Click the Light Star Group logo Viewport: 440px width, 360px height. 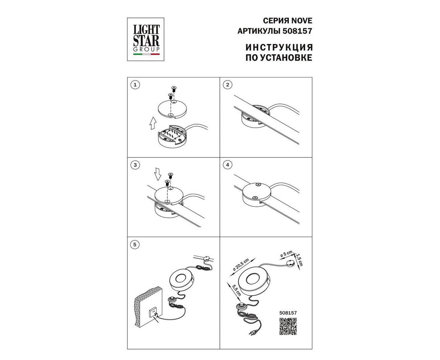coord(146,39)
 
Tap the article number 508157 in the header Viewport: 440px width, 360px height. coord(297,31)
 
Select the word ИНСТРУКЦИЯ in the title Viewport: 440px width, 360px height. coord(279,47)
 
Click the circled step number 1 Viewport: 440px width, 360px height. coord(135,85)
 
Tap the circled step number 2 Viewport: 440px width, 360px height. coord(228,85)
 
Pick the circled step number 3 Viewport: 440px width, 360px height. coord(135,165)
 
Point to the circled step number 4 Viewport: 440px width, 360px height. coord(228,165)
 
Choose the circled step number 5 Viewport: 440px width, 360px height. coord(135,245)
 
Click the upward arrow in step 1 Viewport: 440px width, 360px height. coord(153,123)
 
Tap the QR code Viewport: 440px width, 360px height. coord(288,327)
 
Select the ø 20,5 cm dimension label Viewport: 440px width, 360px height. coord(241,265)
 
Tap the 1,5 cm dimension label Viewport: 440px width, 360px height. coord(299,260)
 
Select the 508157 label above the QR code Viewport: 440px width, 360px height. coord(288,313)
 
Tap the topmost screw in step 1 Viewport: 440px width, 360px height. coord(173,89)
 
